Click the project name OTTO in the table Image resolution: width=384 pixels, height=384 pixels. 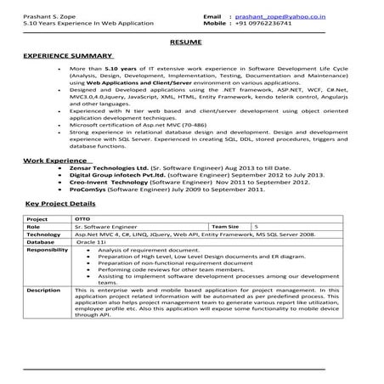(82, 220)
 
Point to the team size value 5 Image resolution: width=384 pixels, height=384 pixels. (257, 228)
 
